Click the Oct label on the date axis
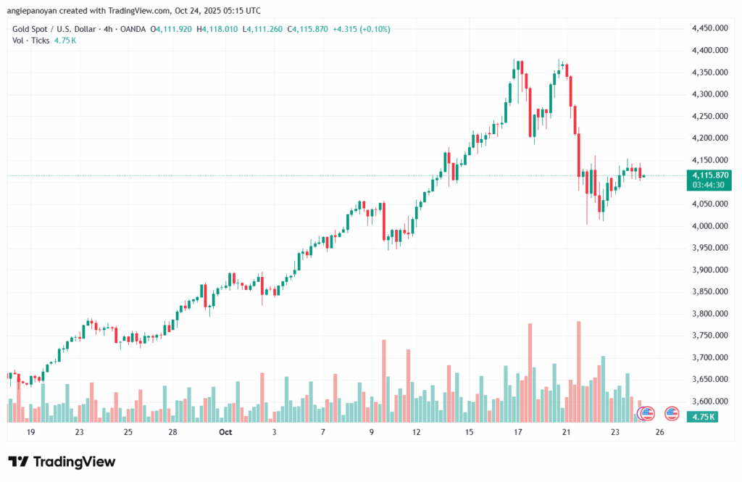click(x=225, y=432)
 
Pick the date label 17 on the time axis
click(x=518, y=432)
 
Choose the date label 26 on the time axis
click(x=660, y=432)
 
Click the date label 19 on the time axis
click(x=31, y=432)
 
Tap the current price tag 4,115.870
click(x=710, y=175)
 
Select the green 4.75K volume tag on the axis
click(x=704, y=417)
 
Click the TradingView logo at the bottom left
click(x=62, y=462)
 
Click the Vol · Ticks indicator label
click(x=30, y=41)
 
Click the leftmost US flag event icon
click(x=645, y=414)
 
